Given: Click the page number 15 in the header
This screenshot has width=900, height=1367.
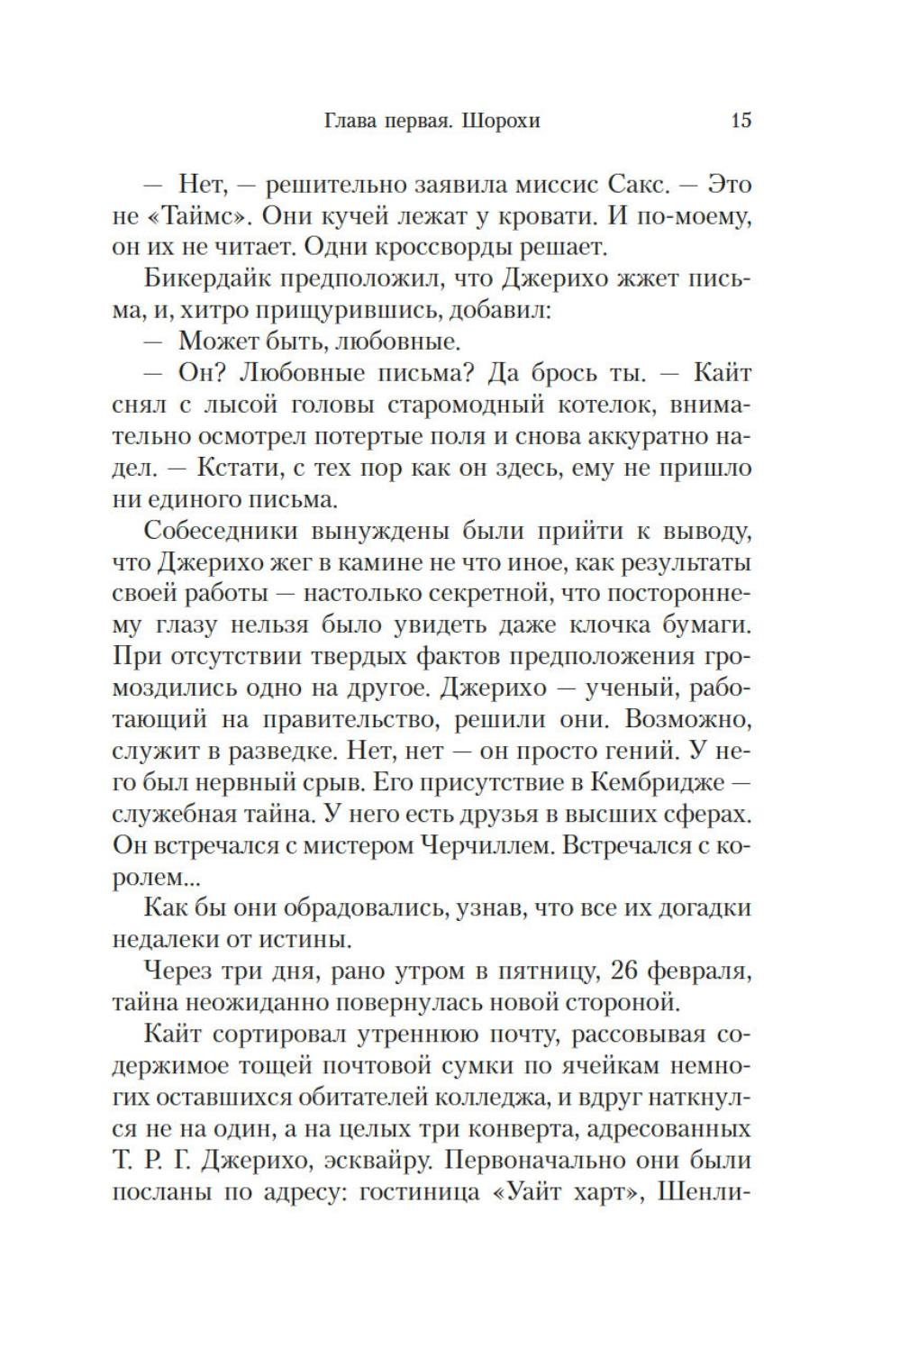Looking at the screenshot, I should (741, 120).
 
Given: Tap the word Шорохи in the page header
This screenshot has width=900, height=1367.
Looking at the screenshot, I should (500, 121).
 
